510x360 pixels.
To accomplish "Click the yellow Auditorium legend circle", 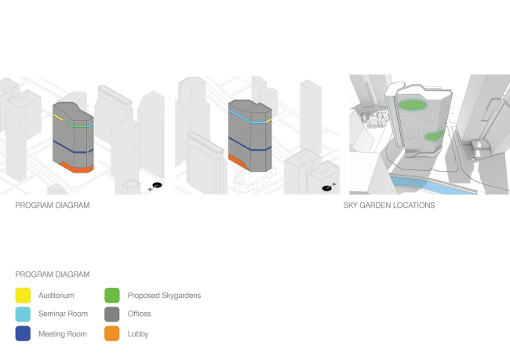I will point(23,296).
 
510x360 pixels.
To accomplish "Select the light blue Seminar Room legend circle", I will point(23,315).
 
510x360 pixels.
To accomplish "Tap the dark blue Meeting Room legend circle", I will point(23,333).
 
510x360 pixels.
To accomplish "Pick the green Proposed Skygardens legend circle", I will point(113,296).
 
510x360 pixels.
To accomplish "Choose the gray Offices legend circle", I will point(113,315).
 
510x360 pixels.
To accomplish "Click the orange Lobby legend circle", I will point(113,333).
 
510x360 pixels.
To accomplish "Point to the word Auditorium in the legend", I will point(56,296).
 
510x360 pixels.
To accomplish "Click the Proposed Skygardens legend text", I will point(164,296).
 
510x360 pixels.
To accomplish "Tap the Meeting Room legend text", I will point(61,333).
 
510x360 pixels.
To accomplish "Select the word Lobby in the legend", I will point(138,333).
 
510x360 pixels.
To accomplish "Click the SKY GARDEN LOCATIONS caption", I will point(389,205).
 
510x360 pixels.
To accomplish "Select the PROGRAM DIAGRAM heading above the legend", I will point(52,275).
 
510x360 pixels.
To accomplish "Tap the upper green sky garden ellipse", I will point(413,104).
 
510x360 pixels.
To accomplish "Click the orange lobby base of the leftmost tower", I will point(76,168).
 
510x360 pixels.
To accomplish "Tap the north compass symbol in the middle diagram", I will point(328,187).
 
